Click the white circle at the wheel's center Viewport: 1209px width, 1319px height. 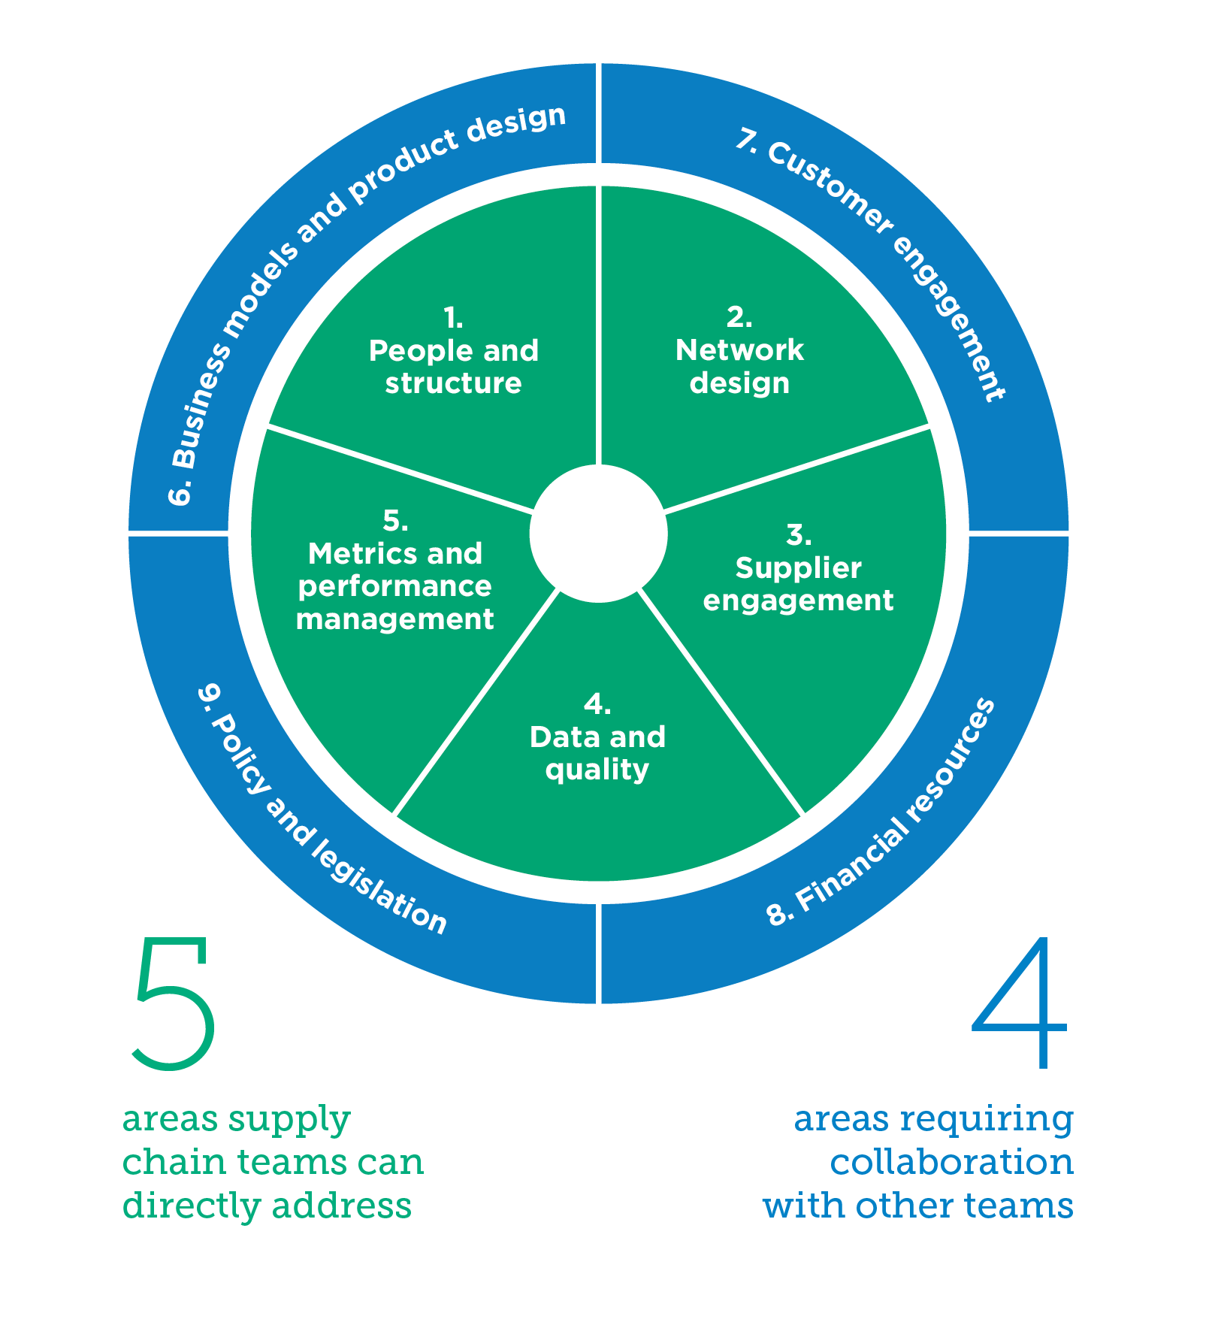(598, 534)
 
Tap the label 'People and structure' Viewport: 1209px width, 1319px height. (453, 367)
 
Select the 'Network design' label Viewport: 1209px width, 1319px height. (739, 366)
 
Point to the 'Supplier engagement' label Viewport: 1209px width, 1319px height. (798, 584)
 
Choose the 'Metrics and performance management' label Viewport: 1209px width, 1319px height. (395, 586)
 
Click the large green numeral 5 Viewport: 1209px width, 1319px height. (174, 1003)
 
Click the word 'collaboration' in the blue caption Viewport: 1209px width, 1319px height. (951, 1162)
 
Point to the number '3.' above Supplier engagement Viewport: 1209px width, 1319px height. (798, 535)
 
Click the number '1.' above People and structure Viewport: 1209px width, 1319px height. (453, 318)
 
